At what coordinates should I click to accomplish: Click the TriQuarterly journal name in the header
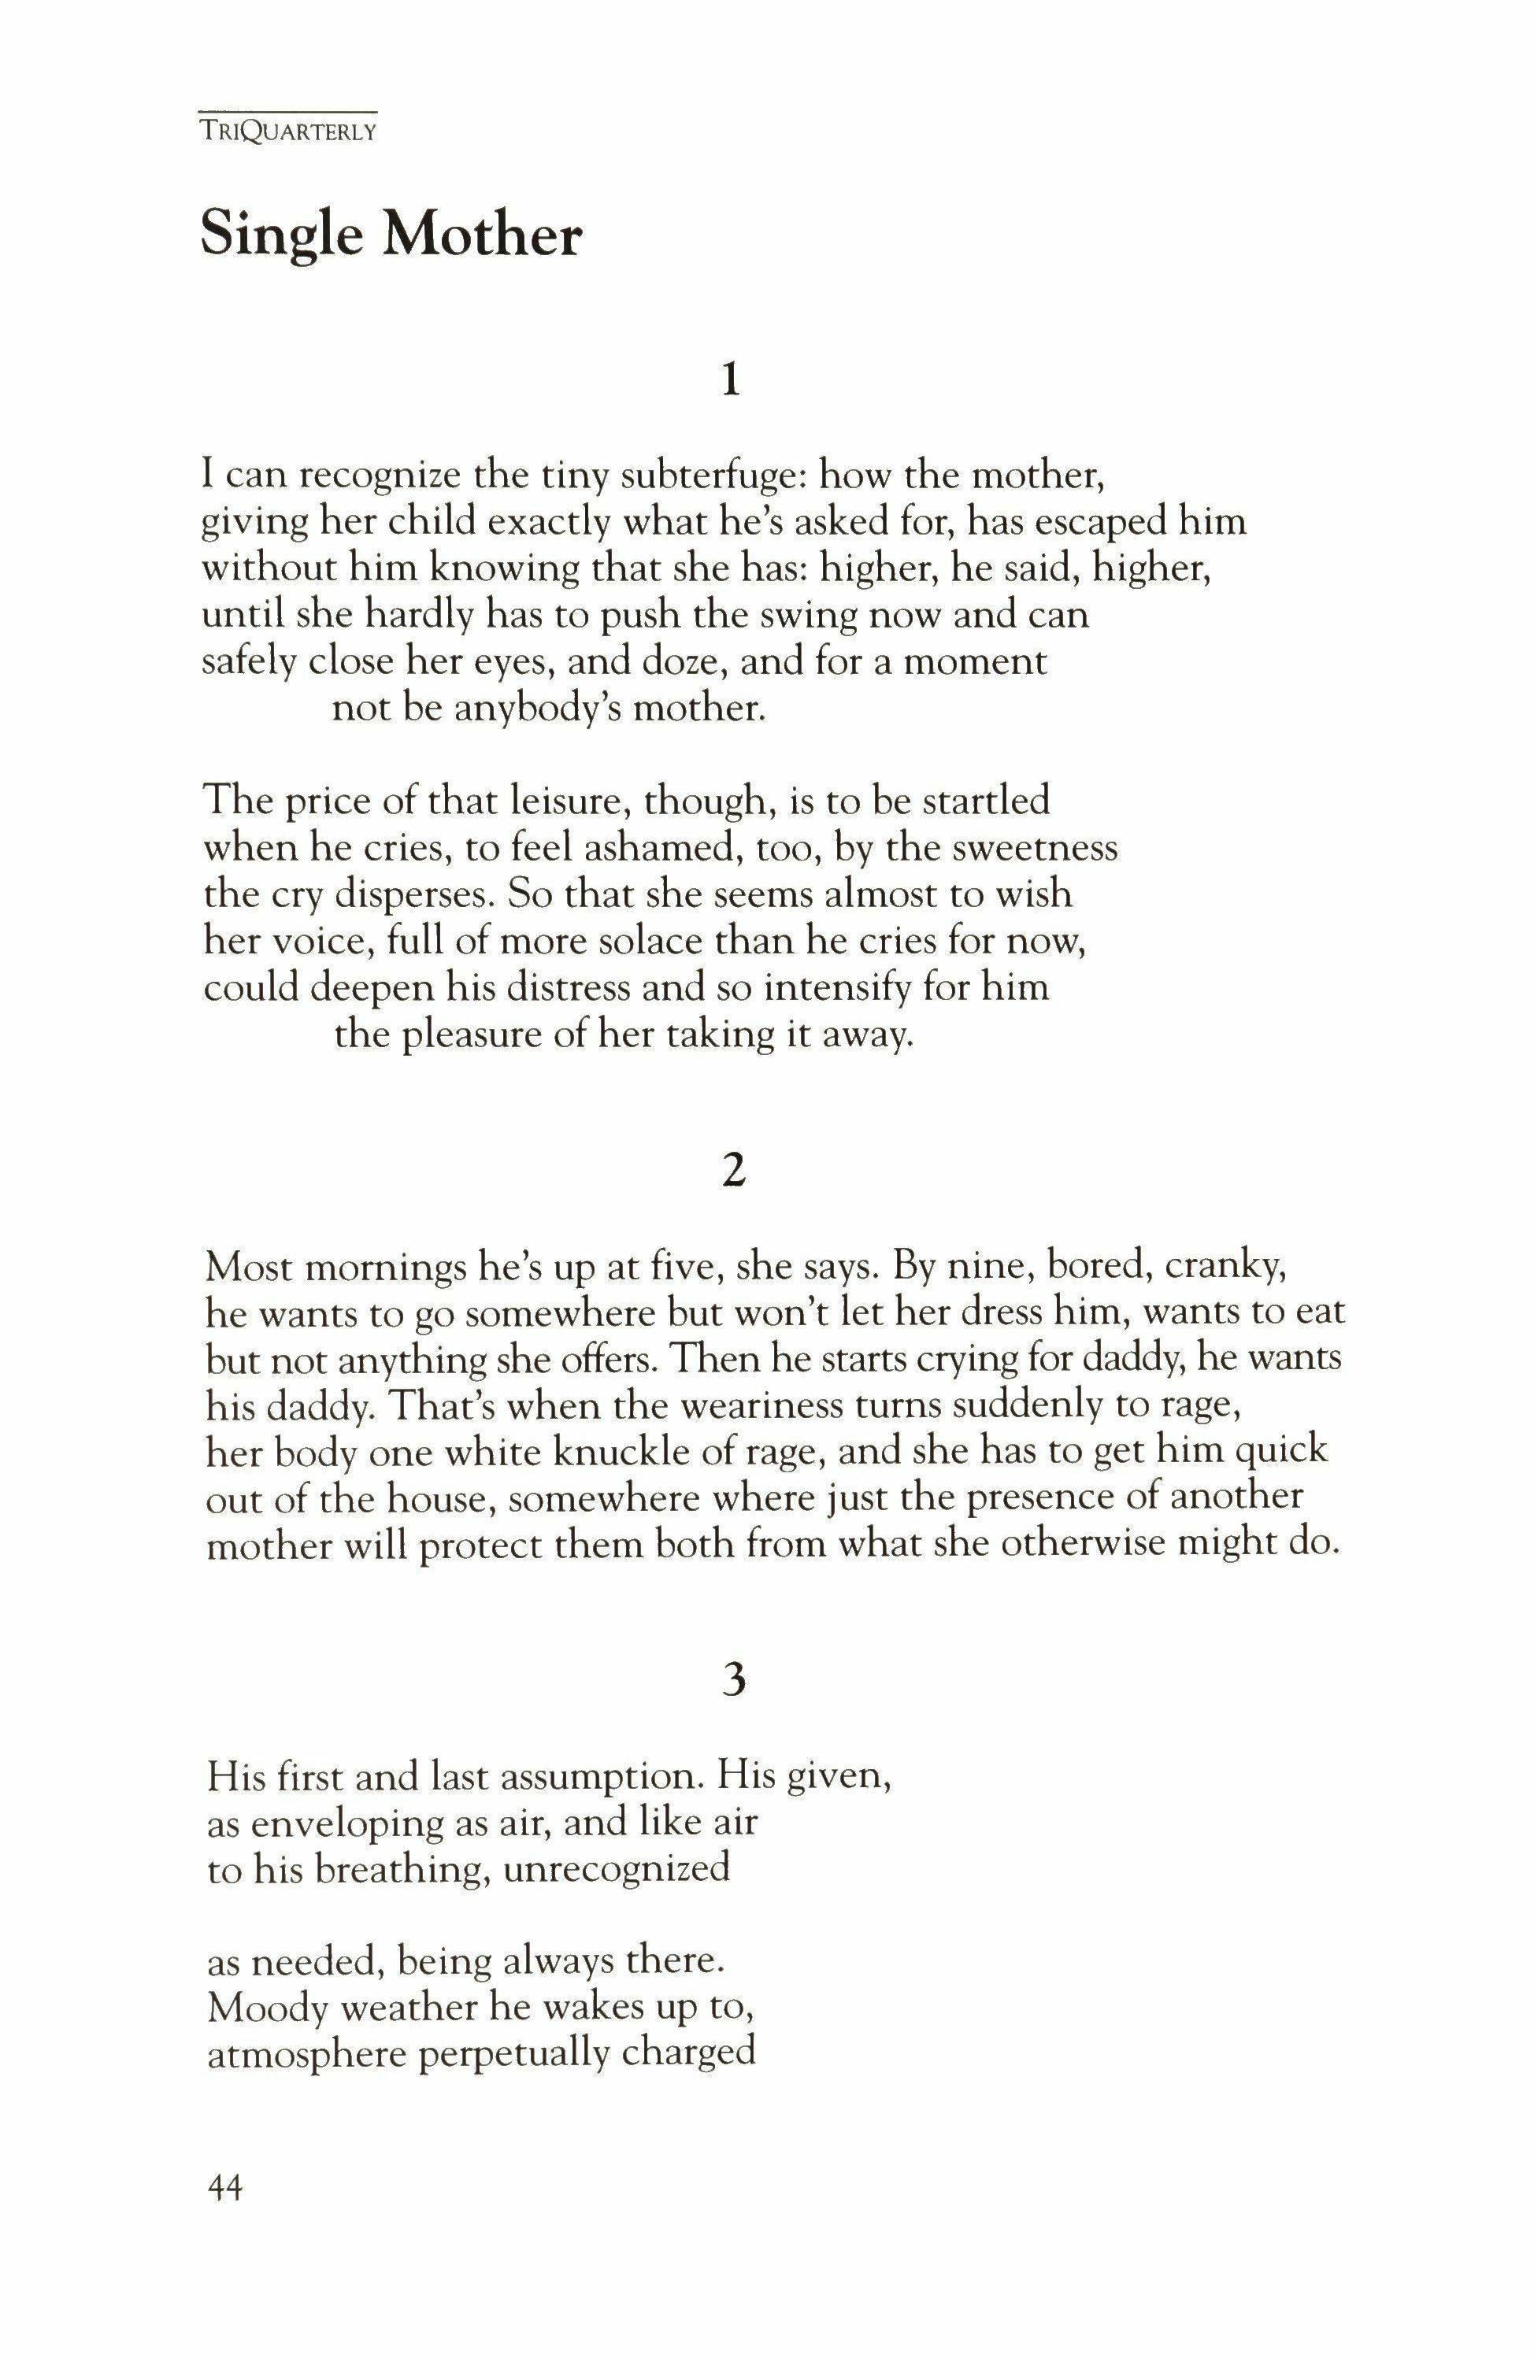pyautogui.click(x=288, y=131)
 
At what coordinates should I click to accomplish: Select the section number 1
pyautogui.click(x=732, y=379)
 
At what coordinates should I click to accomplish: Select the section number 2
pyautogui.click(x=732, y=1172)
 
